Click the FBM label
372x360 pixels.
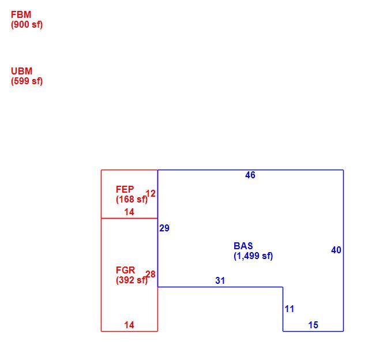pyautogui.click(x=21, y=15)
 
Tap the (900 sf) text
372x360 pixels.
pyautogui.click(x=27, y=24)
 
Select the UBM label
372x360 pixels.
pyautogui.click(x=21, y=71)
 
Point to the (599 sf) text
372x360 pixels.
pyautogui.click(x=27, y=81)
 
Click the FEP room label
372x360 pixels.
pyautogui.click(x=125, y=189)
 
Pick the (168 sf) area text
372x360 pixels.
pyautogui.click(x=131, y=200)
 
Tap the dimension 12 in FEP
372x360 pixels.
pyautogui.click(x=151, y=194)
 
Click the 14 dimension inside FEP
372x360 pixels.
pyautogui.click(x=129, y=212)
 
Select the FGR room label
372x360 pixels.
pyautogui.click(x=125, y=270)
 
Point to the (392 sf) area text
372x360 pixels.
pyautogui.click(x=131, y=280)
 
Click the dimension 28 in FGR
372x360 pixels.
pyautogui.click(x=151, y=275)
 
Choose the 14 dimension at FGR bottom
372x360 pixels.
pyautogui.click(x=129, y=325)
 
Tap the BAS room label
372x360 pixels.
pyautogui.click(x=243, y=246)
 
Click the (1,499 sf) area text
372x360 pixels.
pyautogui.click(x=253, y=256)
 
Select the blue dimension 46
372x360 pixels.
pyautogui.click(x=250, y=175)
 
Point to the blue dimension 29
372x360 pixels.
pyautogui.click(x=164, y=228)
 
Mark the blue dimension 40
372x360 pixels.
pyautogui.click(x=336, y=250)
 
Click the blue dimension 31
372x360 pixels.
pyautogui.click(x=220, y=280)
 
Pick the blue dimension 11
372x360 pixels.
pyautogui.click(x=290, y=309)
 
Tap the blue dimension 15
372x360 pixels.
pyautogui.click(x=313, y=325)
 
